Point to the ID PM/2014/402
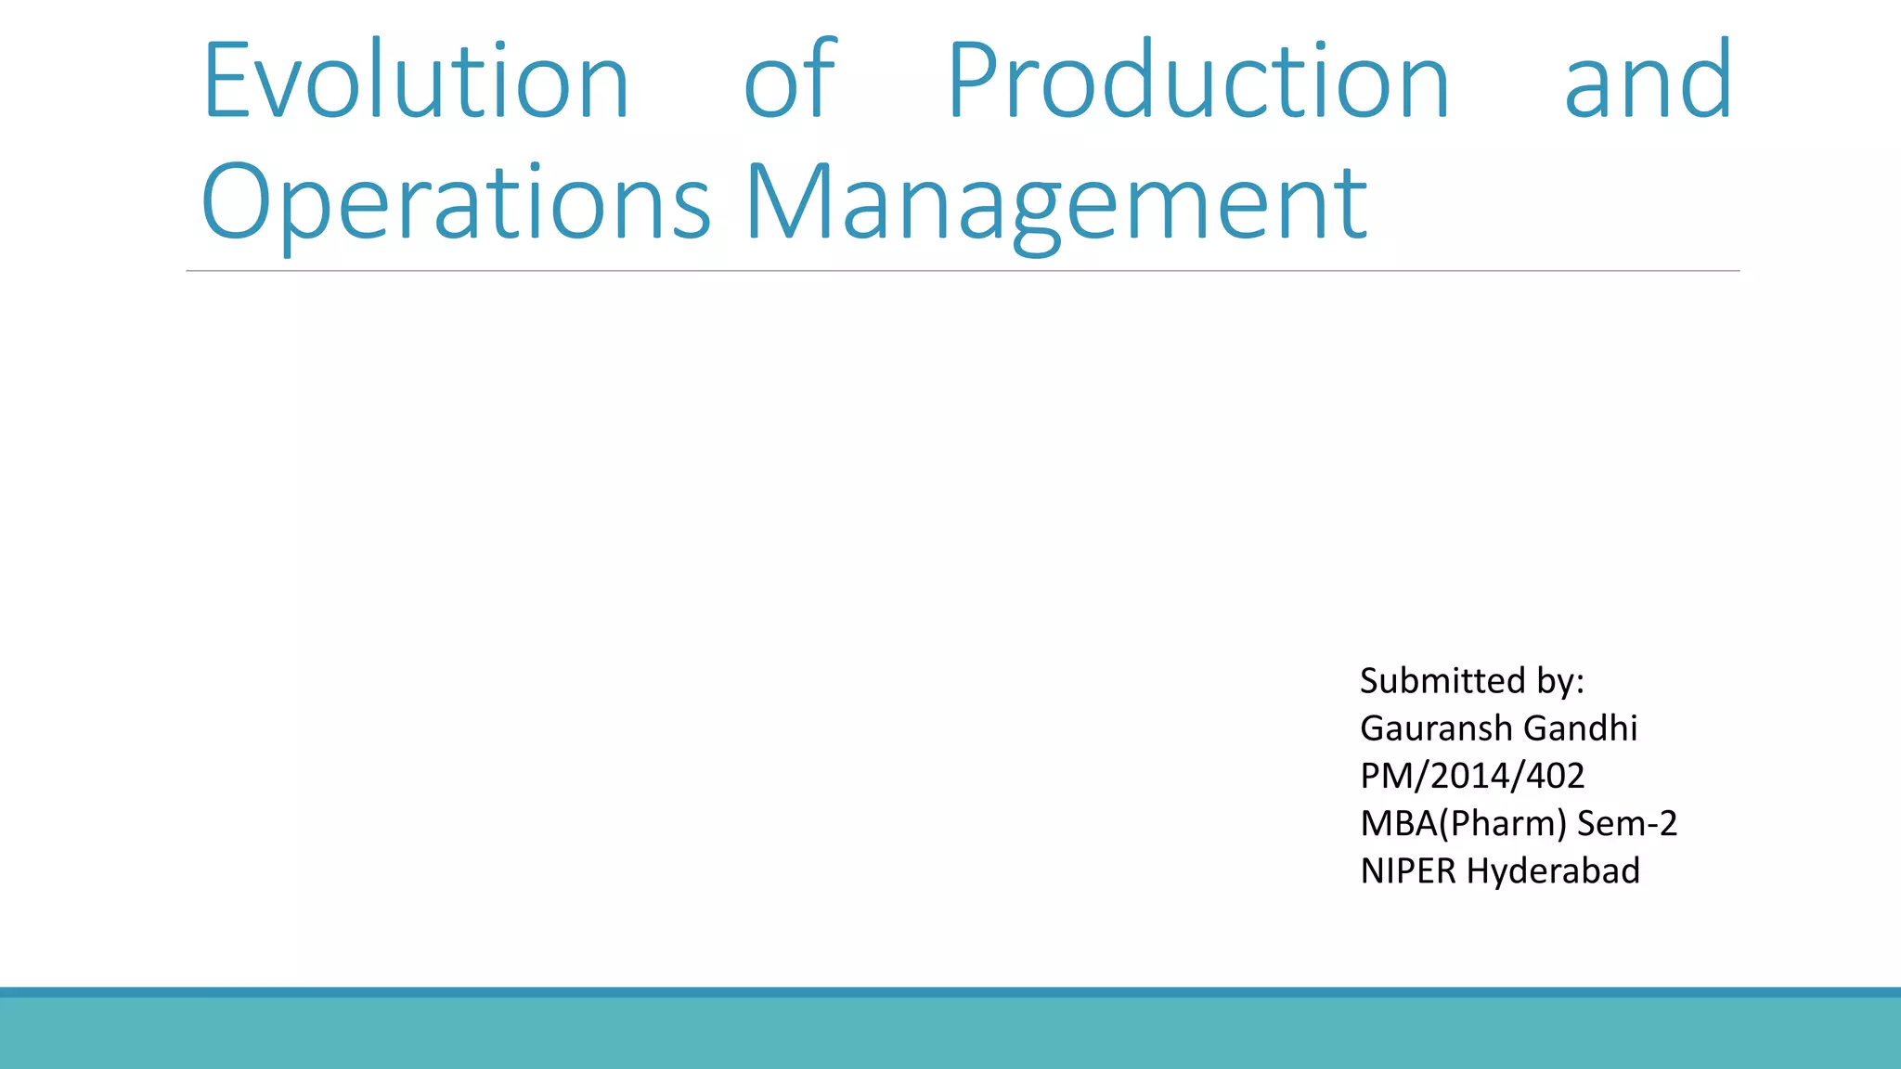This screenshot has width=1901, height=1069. [1472, 776]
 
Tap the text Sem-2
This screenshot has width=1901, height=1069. [1627, 824]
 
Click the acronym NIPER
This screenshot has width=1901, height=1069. [1408, 871]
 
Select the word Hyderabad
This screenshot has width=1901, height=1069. [1554, 871]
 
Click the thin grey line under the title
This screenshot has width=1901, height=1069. [962, 271]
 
